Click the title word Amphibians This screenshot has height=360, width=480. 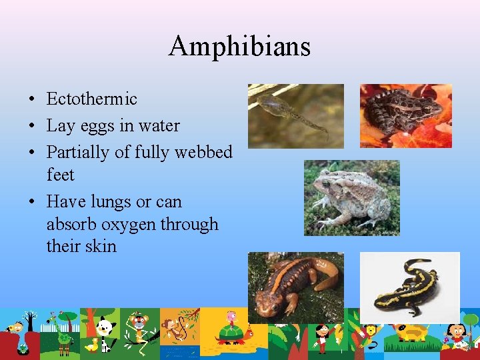(239, 47)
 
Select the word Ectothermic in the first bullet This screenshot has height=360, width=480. (92, 99)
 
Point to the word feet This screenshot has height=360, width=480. (60, 175)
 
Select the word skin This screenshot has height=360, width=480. (101, 246)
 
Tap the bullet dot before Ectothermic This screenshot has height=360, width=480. (32, 100)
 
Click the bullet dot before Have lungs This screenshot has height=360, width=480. (32, 202)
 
